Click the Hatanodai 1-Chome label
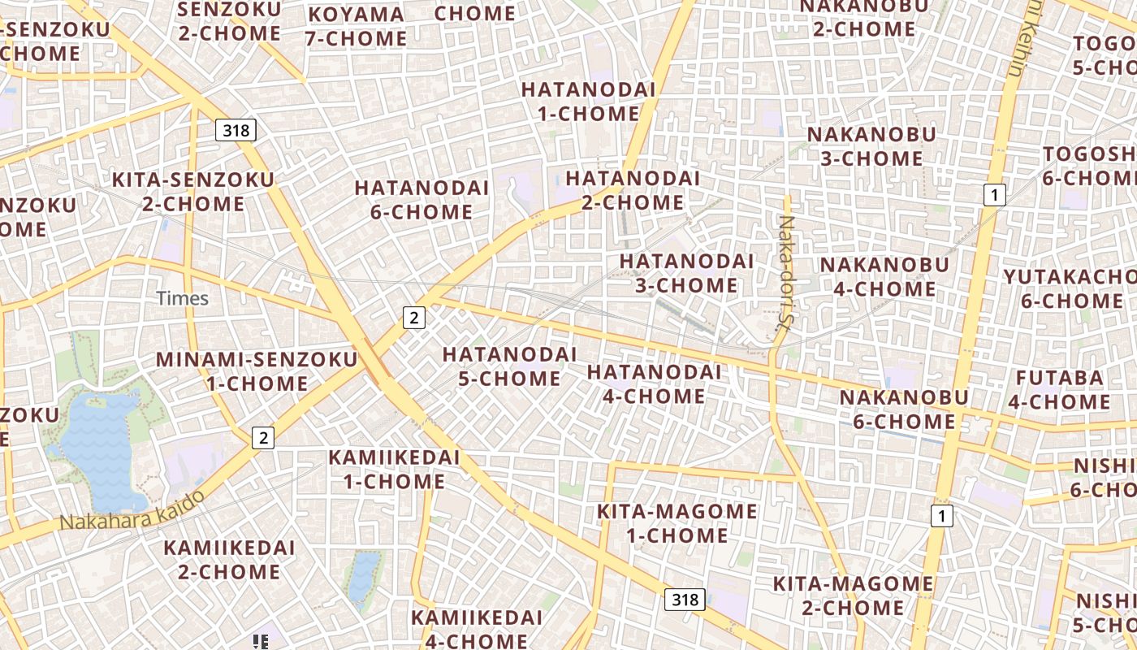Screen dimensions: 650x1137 pos(588,102)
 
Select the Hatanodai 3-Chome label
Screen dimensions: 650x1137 pos(686,273)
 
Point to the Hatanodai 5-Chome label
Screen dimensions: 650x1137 pos(509,366)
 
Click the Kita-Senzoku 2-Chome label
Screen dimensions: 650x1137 pos(193,192)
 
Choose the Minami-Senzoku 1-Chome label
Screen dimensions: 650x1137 pos(256,371)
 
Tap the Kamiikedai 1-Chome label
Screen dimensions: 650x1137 pos(394,469)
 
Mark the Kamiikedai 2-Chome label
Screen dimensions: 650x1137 pos(229,560)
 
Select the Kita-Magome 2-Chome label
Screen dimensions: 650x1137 pos(852,596)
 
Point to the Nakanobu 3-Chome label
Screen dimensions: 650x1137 pos(871,146)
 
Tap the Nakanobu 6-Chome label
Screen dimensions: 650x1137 pos(903,409)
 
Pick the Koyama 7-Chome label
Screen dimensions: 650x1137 pos(356,27)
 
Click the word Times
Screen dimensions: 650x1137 pos(183,298)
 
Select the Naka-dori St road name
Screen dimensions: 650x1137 pos(787,271)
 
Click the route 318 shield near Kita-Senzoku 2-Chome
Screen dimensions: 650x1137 pos(236,130)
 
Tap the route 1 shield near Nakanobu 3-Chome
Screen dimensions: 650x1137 pos(994,195)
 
